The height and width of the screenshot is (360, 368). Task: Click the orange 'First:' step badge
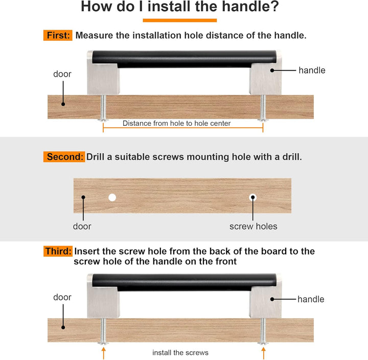click(58, 35)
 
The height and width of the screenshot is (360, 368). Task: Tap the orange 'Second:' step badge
click(64, 156)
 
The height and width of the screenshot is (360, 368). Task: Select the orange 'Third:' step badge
click(58, 251)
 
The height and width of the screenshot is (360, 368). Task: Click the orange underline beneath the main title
click(180, 20)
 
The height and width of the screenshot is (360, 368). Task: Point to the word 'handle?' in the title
click(250, 6)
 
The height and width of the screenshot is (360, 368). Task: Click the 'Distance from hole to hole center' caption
click(176, 123)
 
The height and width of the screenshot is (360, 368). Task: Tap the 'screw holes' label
click(253, 227)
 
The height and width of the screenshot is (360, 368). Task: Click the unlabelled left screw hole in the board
click(112, 197)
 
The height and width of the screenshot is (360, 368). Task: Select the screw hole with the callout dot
click(253, 197)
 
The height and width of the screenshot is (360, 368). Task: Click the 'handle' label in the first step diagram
click(312, 70)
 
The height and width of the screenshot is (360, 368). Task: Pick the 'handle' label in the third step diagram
click(311, 299)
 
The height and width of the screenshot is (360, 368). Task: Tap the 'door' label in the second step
click(82, 227)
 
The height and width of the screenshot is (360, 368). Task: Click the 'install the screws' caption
click(180, 352)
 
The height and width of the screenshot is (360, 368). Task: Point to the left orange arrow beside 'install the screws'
click(103, 353)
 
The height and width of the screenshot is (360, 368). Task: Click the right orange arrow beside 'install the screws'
click(263, 353)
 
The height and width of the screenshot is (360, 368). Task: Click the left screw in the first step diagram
click(103, 108)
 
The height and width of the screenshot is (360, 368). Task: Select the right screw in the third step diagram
click(263, 331)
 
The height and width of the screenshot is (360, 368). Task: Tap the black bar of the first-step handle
click(184, 59)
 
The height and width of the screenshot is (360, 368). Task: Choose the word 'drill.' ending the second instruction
click(292, 157)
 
